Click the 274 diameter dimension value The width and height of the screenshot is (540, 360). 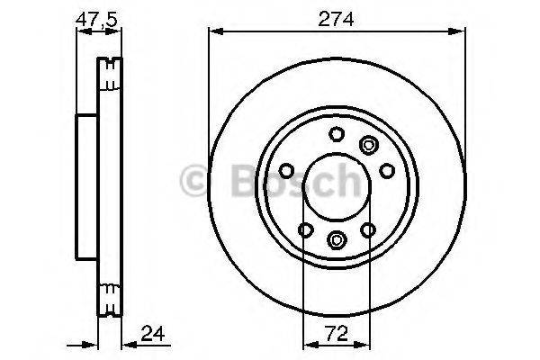(x=337, y=18)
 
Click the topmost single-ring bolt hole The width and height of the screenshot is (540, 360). (x=337, y=135)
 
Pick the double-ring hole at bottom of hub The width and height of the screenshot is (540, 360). (x=337, y=238)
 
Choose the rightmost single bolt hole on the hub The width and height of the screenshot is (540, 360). (x=387, y=171)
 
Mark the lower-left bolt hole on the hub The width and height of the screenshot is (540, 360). (x=307, y=231)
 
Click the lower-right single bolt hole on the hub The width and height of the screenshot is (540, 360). (x=368, y=231)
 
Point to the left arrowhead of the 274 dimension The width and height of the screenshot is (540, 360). (x=214, y=31)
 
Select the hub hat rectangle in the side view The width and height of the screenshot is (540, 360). (x=87, y=187)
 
